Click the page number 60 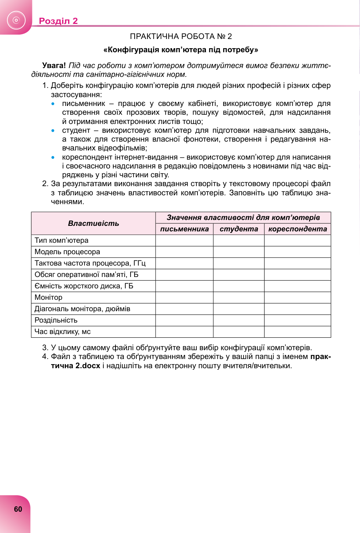(x=18, y=509)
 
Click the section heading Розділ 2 (x=58, y=21)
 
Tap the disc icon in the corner (x=16, y=20)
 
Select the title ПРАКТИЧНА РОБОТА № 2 (x=181, y=36)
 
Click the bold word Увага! (x=54, y=65)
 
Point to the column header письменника (x=184, y=229)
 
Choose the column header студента (x=239, y=229)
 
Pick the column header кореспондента (x=297, y=229)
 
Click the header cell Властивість (x=93, y=223)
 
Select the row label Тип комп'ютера (x=61, y=241)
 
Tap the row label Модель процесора (x=67, y=252)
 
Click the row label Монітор (x=49, y=298)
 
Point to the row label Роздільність (x=56, y=320)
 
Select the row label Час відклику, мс (x=63, y=332)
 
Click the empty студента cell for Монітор (x=239, y=298)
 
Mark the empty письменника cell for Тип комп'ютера (x=184, y=241)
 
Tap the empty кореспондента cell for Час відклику (x=297, y=332)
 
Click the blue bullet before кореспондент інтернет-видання (x=53, y=157)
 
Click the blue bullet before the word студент (x=53, y=131)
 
